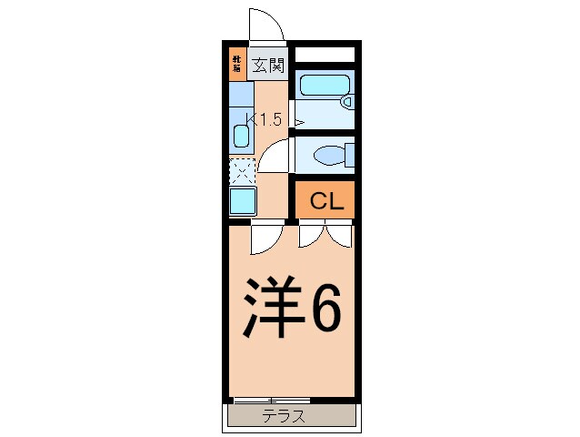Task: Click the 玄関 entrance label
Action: pyautogui.click(x=269, y=65)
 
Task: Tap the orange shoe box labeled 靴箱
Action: pyautogui.click(x=236, y=64)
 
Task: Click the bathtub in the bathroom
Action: pyautogui.click(x=324, y=88)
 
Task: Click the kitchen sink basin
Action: pyautogui.click(x=241, y=137)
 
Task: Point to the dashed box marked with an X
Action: pyautogui.click(x=242, y=170)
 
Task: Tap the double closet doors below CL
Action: pyautogui.click(x=325, y=235)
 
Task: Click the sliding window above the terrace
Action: pyautogui.click(x=271, y=400)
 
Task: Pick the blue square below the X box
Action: pyautogui.click(x=242, y=199)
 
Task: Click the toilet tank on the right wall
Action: pyautogui.click(x=350, y=155)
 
